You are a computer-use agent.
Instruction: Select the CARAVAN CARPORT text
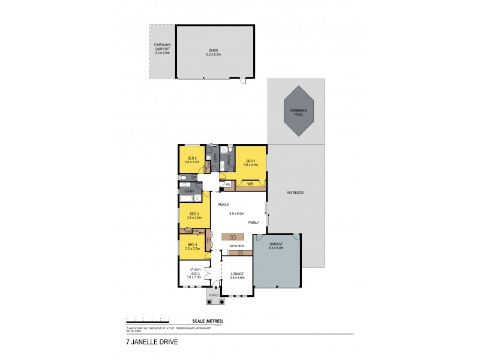pos(163,49)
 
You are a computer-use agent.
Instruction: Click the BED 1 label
pos(250,160)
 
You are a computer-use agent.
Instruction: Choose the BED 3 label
pos(194,215)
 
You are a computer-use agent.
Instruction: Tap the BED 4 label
pos(193,246)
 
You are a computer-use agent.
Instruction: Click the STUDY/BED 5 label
pos(194,273)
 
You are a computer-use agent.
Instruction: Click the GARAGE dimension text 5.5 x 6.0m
pos(276,248)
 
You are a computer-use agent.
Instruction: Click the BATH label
pos(190,191)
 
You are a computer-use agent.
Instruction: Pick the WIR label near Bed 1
pos(250,184)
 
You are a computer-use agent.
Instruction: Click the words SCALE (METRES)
pos(208,322)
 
